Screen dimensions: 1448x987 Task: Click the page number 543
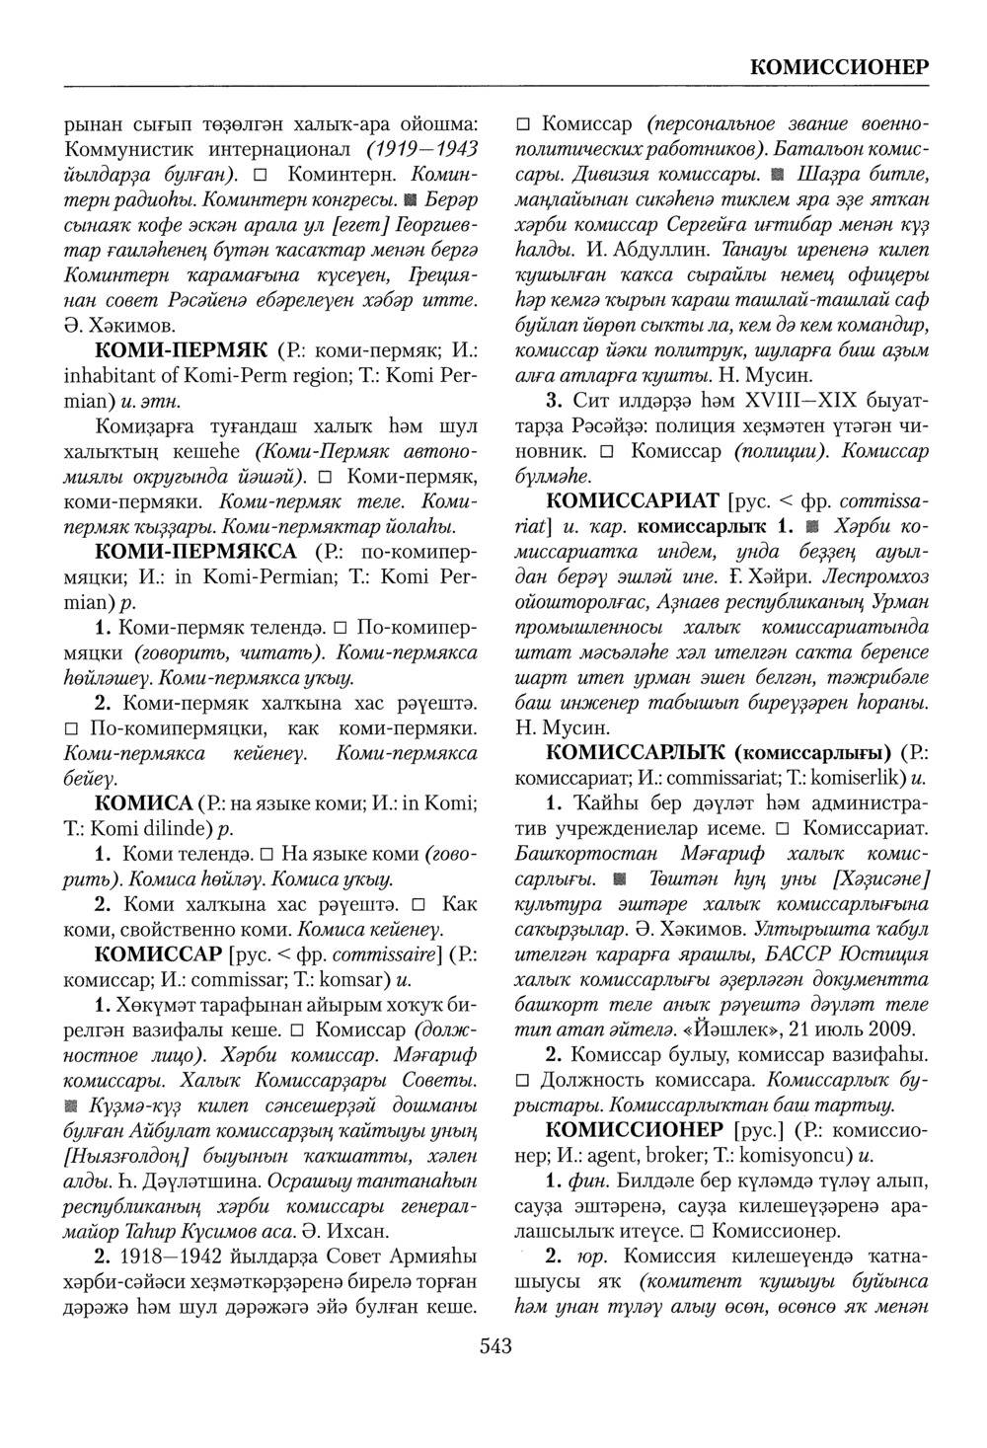tap(494, 1344)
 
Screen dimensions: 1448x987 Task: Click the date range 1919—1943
tap(422, 151)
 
